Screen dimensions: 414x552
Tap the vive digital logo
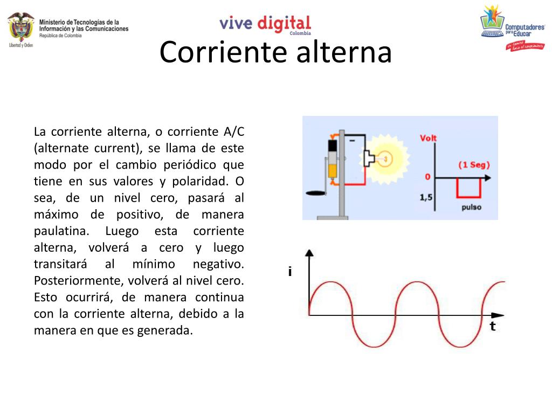(265, 24)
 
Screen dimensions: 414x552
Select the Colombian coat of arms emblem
(21, 29)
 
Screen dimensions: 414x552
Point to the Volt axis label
(429, 138)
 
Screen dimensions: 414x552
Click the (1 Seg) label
(474, 165)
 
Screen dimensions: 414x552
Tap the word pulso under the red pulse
(471, 207)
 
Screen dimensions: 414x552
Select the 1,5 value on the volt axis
(426, 198)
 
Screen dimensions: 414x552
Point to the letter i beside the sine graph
(290, 272)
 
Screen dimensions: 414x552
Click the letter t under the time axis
(492, 326)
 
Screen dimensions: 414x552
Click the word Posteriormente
(78, 281)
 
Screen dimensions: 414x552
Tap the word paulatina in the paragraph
(60, 231)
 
